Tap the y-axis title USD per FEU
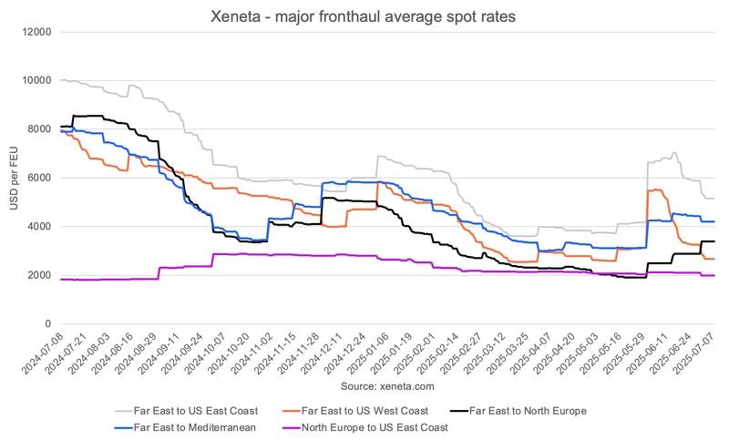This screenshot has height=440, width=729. tap(15, 178)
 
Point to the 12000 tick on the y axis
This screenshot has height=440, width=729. tap(36, 32)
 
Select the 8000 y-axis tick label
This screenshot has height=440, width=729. tap(39, 129)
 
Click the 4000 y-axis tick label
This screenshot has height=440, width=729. tap(39, 227)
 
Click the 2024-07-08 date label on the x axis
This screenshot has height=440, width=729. tap(46, 351)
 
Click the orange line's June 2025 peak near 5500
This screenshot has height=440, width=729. tap(655, 189)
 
